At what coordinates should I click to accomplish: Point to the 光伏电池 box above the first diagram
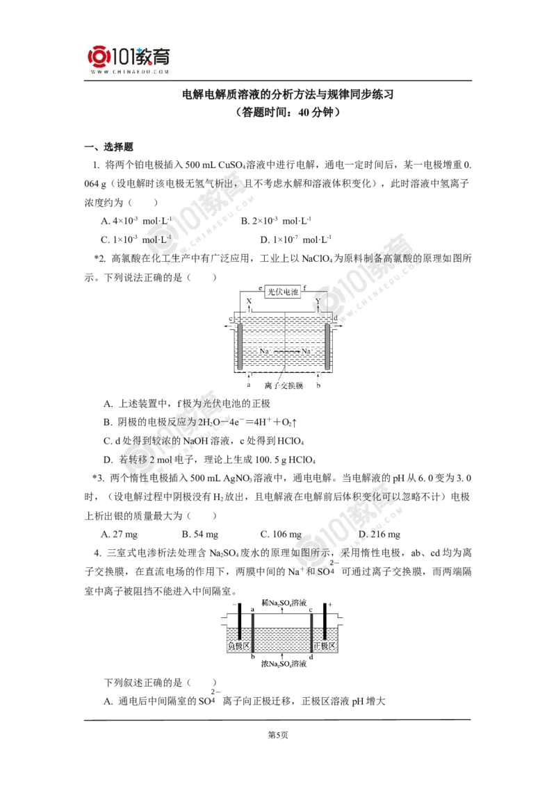click(281, 291)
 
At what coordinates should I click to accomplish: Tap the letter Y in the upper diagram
click(318, 302)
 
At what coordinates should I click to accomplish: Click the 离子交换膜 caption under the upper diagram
click(285, 387)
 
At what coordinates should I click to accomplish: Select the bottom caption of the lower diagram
click(281, 666)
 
